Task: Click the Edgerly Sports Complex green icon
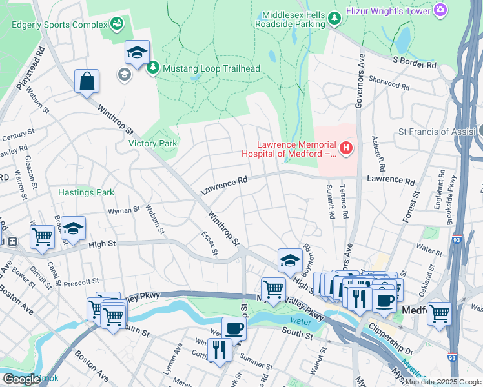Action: pyautogui.click(x=116, y=24)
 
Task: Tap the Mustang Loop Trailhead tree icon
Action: pyautogui.click(x=153, y=68)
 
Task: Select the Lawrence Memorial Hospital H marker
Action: pyautogui.click(x=347, y=149)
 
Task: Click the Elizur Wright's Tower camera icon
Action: pyautogui.click(x=440, y=10)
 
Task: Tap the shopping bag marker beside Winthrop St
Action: pyautogui.click(x=87, y=81)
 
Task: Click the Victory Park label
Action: pyautogui.click(x=152, y=143)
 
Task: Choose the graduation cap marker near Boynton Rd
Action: pyautogui.click(x=291, y=260)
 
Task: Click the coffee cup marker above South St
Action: pyautogui.click(x=234, y=328)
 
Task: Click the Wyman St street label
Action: pyautogui.click(x=124, y=210)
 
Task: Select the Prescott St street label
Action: pyautogui.click(x=81, y=281)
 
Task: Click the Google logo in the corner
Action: pyautogui.click(x=21, y=379)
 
